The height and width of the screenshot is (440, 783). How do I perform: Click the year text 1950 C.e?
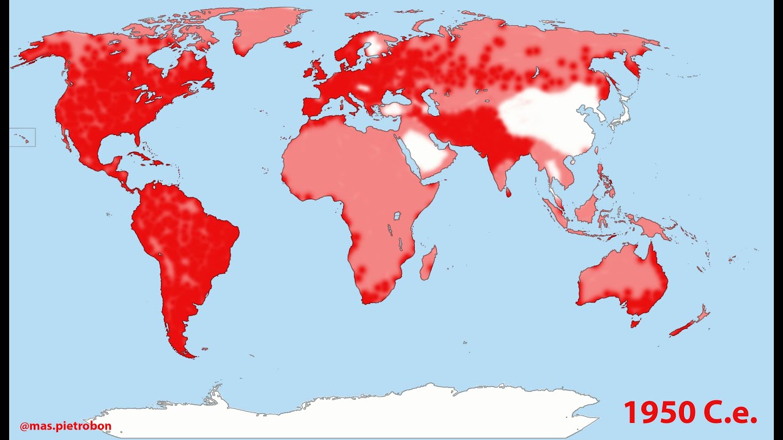(690, 413)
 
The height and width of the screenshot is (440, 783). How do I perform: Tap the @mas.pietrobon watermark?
(65, 426)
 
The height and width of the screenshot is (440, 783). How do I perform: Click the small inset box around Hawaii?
(22, 137)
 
